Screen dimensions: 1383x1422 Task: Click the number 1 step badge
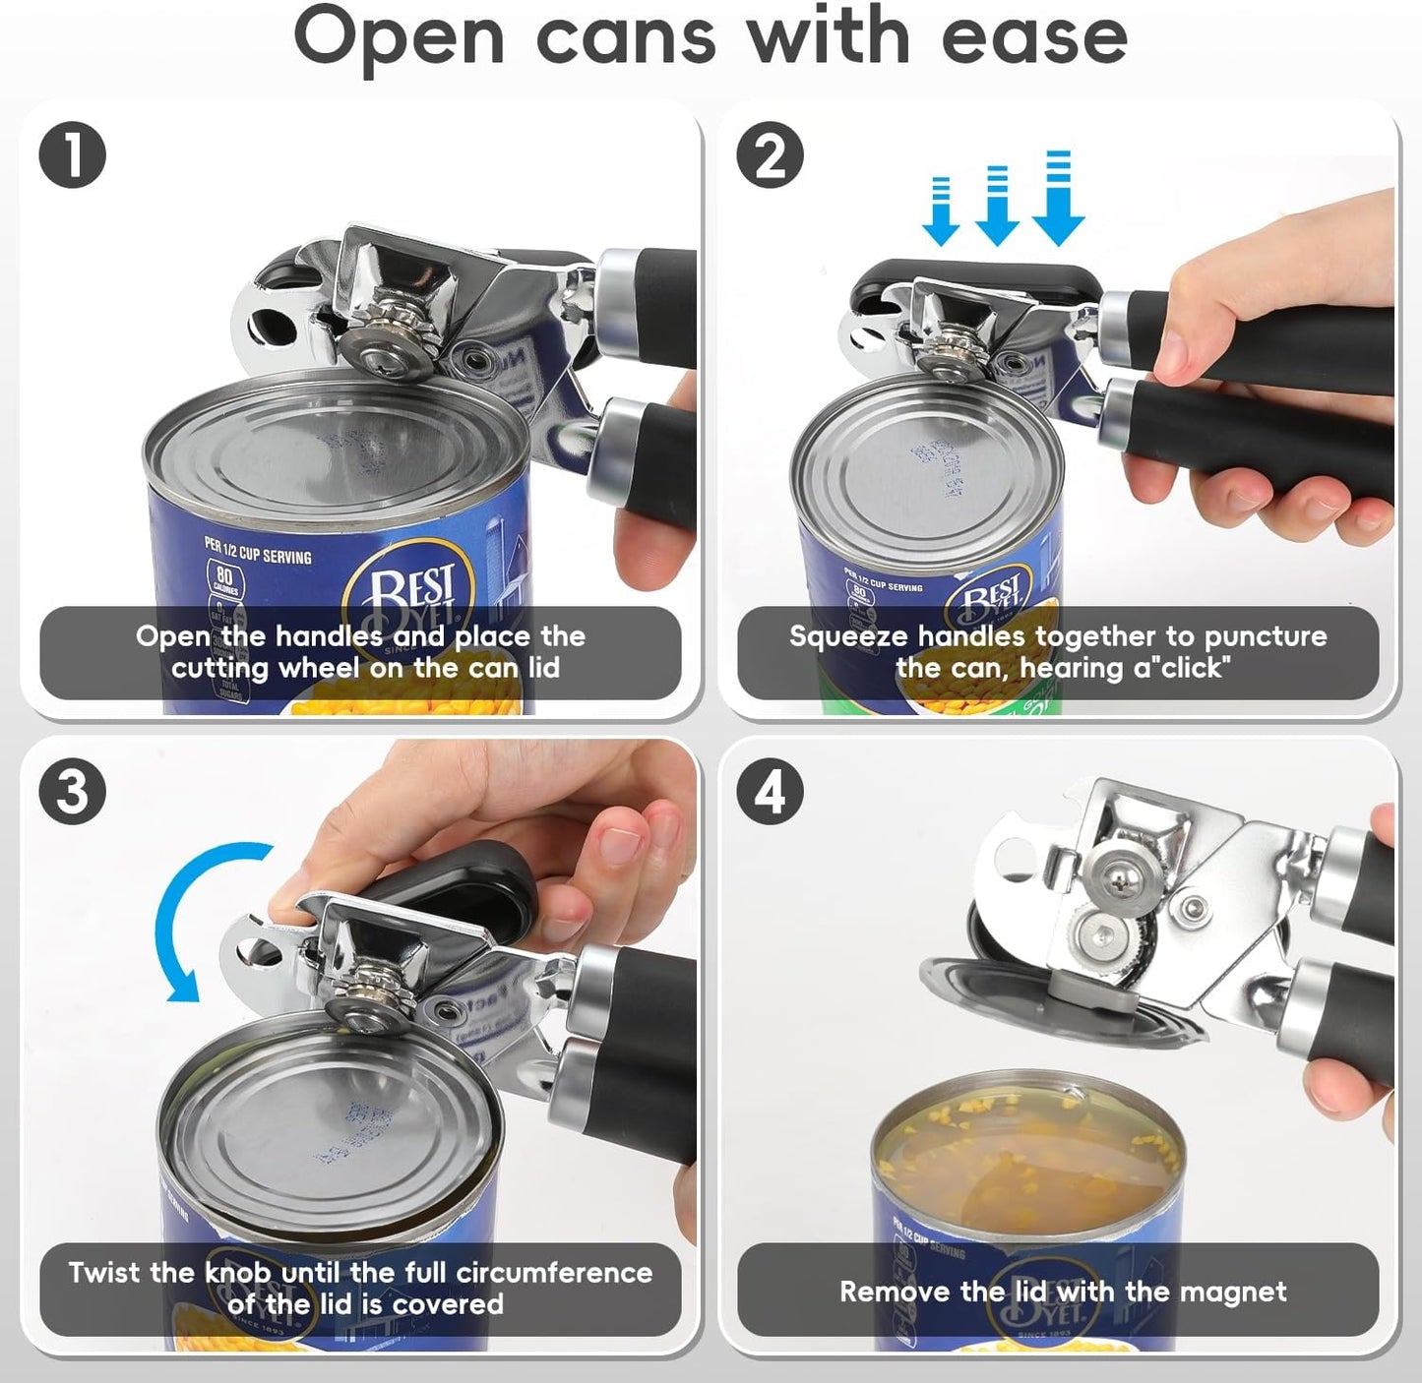tap(73, 156)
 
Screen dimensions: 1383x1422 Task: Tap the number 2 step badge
tap(771, 156)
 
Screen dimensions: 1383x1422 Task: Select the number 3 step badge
tap(73, 792)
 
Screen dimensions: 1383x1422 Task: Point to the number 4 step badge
tap(771, 792)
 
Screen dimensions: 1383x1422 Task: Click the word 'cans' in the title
tap(626, 37)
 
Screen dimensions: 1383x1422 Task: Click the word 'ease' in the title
tap(1033, 37)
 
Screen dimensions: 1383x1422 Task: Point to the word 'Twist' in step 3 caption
tap(104, 1273)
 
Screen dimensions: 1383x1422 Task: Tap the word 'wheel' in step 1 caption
tap(323, 669)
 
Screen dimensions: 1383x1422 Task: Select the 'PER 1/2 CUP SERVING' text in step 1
tap(258, 550)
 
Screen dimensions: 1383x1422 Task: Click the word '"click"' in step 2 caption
tap(1193, 669)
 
